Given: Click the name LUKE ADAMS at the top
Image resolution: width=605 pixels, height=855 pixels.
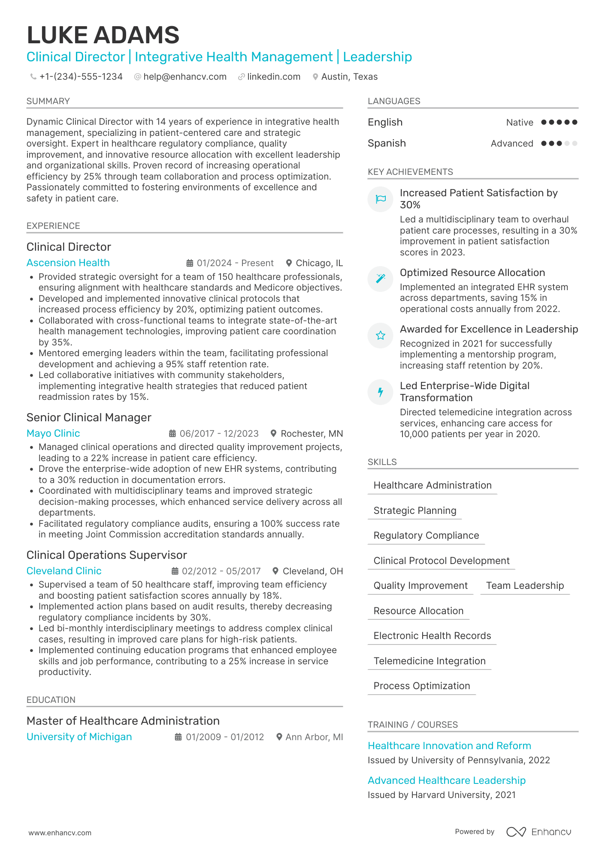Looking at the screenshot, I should [x=103, y=35].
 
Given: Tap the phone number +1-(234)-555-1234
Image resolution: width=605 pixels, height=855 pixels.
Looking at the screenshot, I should [x=81, y=77].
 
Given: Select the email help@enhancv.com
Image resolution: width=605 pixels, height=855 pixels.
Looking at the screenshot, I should [x=185, y=77].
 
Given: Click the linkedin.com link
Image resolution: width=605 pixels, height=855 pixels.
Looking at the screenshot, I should [x=273, y=77].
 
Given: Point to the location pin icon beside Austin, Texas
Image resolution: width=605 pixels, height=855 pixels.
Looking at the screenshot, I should [x=315, y=77].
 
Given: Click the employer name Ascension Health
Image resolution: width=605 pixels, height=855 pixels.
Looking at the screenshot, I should [x=68, y=263].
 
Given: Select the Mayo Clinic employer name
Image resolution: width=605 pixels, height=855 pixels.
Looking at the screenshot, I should [x=53, y=433].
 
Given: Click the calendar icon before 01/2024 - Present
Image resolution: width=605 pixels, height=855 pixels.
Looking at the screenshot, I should [x=190, y=263].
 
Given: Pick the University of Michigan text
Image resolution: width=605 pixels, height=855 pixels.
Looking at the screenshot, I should [x=79, y=737].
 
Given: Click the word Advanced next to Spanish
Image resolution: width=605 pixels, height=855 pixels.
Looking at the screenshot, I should [x=511, y=144].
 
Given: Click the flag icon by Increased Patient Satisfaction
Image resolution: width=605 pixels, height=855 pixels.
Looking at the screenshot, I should [x=381, y=199].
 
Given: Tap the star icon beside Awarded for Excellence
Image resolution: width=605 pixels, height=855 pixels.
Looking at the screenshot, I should [x=381, y=336].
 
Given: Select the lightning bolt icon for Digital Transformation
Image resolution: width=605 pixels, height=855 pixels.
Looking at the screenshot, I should [x=381, y=392].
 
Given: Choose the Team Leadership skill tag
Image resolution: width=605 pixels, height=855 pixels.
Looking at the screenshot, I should [x=524, y=585].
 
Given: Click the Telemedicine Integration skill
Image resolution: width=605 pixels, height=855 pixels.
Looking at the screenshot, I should [x=429, y=661].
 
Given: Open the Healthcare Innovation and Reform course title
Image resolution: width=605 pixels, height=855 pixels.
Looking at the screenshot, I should [x=449, y=746].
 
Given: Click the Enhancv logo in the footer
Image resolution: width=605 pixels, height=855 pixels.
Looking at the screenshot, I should [x=538, y=832].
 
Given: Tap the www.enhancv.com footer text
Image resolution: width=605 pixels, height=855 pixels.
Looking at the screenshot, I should [x=60, y=833].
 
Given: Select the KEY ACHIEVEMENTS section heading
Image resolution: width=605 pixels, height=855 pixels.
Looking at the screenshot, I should [x=410, y=172].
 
